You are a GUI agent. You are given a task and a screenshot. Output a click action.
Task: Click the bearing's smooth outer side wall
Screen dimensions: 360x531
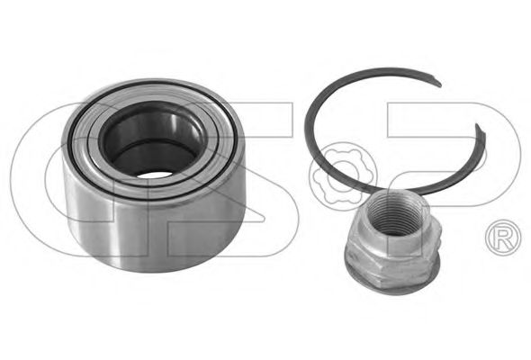pos(162,225)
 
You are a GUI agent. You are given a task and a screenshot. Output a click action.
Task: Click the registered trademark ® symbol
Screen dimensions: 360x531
pos(500,238)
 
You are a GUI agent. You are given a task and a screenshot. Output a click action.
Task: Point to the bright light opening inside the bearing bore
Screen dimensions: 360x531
pos(155,171)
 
